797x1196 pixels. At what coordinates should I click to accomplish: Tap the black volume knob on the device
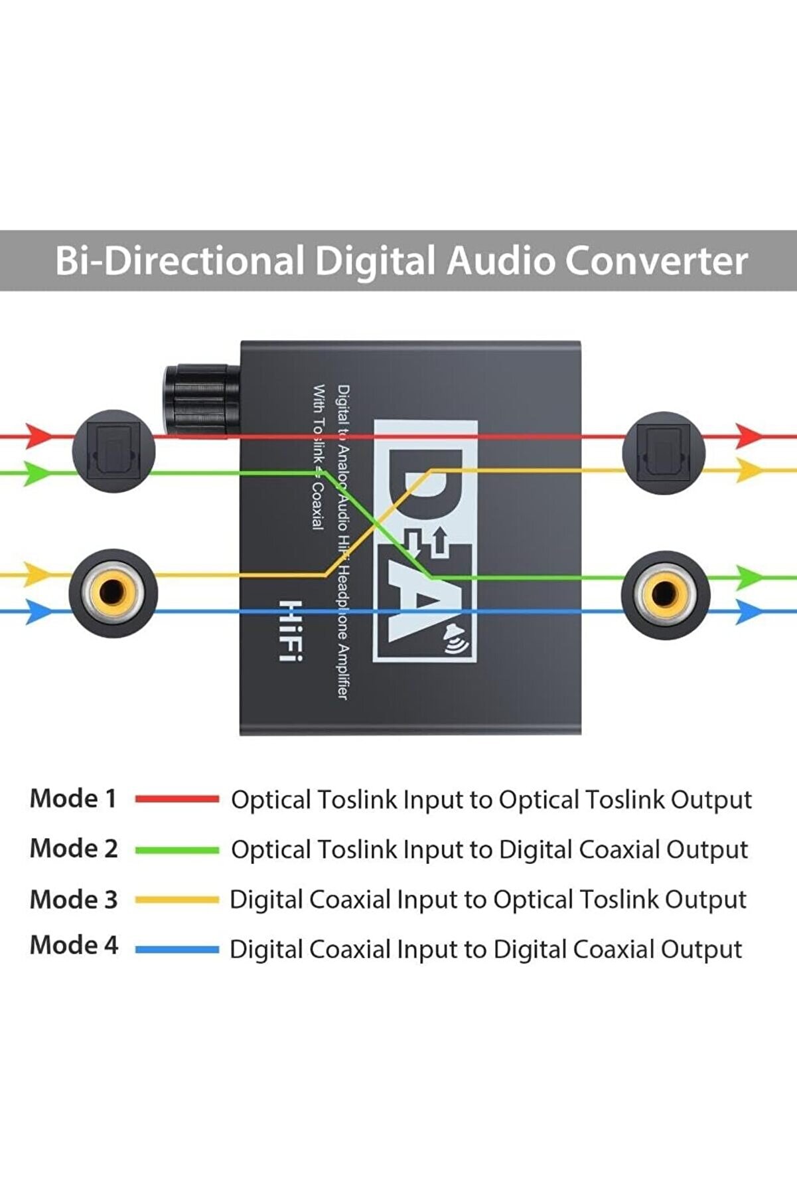coord(200,400)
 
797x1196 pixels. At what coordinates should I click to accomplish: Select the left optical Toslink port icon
coord(113,452)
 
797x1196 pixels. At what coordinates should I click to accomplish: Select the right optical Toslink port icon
coord(664,453)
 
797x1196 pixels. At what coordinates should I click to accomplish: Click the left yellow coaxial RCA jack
coord(113,592)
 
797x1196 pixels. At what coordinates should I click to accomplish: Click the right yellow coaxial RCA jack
coord(665,594)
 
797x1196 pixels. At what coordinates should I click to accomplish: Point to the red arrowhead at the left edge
coord(38,436)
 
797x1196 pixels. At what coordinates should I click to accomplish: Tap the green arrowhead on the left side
coord(36,473)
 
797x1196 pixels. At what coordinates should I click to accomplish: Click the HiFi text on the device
coord(291,630)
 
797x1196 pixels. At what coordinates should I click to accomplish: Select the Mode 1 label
coord(73,798)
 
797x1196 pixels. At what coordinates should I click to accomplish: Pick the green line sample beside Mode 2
coord(177,849)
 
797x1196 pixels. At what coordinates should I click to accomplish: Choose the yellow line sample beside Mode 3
coord(177,900)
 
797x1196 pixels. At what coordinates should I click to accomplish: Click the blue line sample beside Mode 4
coord(177,950)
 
